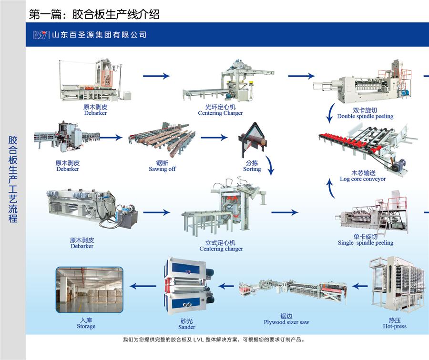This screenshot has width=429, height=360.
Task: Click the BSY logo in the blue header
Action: pyautogui.click(x=40, y=35)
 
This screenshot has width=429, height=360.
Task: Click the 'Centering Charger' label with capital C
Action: pyautogui.click(x=220, y=113)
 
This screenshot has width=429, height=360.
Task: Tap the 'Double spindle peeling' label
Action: pyautogui.click(x=365, y=116)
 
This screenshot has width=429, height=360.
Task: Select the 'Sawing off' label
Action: pyautogui.click(x=162, y=169)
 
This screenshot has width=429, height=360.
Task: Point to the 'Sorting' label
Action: pyautogui.click(x=252, y=169)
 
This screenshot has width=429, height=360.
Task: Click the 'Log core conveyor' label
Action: pyautogui.click(x=363, y=179)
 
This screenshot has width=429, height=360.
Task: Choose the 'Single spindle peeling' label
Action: pyautogui.click(x=366, y=243)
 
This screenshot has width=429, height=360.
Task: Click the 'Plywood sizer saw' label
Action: pyautogui.click(x=286, y=322)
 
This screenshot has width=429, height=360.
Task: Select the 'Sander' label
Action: pyautogui.click(x=187, y=327)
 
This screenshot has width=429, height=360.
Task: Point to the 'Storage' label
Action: pyautogui.click(x=86, y=327)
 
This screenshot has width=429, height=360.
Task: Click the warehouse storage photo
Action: pyautogui.click(x=89, y=290)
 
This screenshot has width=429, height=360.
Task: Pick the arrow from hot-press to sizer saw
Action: pyautogui.click(x=360, y=286)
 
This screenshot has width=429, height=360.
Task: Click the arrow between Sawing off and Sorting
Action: pyautogui.click(x=214, y=138)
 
